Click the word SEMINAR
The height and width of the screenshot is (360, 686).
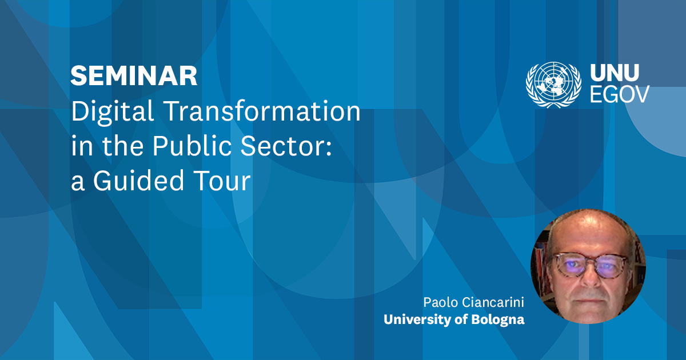[134, 76]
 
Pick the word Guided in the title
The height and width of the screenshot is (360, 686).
[137, 182]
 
